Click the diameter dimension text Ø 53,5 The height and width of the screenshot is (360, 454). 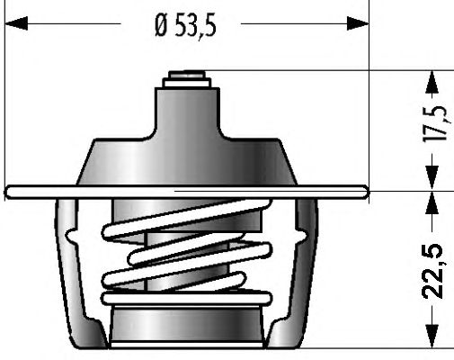185,26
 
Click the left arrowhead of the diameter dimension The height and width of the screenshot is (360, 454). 16,23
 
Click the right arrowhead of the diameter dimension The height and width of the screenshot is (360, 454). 358,23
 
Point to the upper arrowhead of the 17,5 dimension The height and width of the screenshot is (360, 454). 432,82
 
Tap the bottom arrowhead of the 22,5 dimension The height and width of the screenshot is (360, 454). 432,337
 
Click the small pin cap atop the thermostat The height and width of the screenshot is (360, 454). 187,75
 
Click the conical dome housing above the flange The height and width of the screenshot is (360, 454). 187,162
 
